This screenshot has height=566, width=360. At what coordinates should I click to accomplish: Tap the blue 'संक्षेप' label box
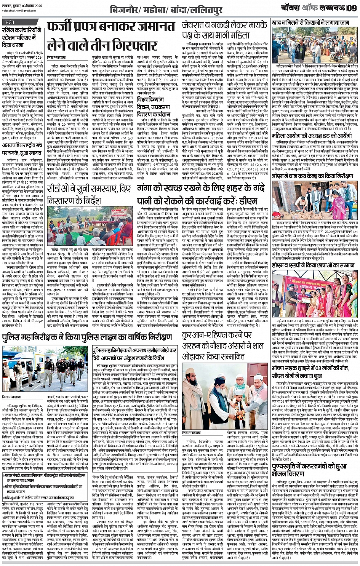pos(11,22)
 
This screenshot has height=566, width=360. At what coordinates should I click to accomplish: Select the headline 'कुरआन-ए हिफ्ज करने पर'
pos(217,335)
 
